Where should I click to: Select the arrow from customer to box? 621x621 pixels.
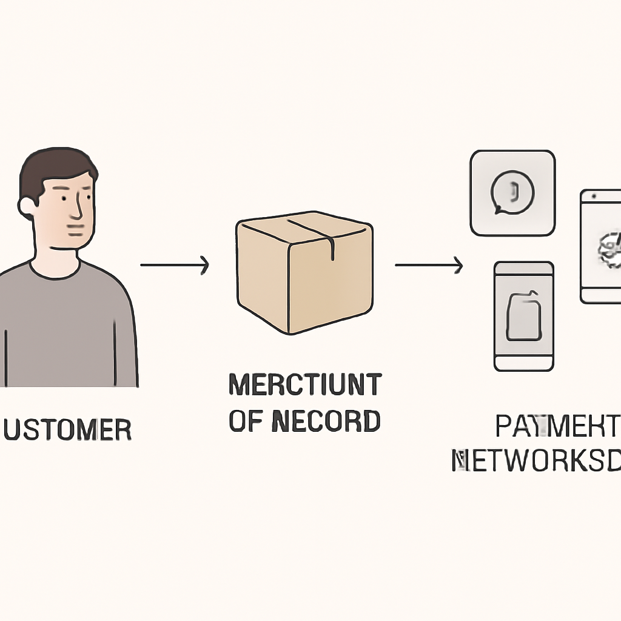(x=175, y=265)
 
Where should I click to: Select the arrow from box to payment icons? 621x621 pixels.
(x=429, y=265)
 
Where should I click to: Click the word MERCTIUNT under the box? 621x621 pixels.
(x=305, y=385)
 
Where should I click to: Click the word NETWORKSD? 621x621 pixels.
(x=537, y=461)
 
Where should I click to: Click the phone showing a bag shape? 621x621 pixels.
(x=524, y=316)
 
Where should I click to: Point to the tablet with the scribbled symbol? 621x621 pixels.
(x=601, y=246)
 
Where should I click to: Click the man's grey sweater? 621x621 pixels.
(x=67, y=327)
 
